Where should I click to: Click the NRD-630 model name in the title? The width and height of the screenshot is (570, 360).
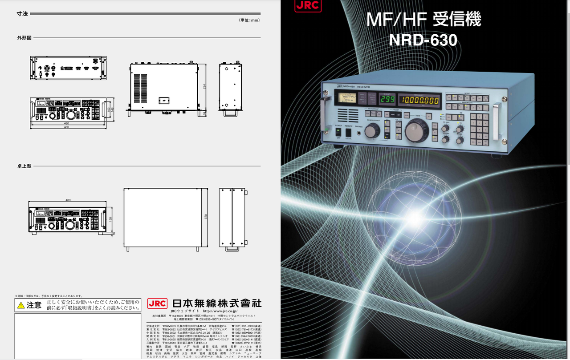point(423,40)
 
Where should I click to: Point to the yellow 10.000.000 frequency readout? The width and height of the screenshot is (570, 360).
point(419,101)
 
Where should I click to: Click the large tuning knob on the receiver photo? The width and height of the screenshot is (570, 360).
point(417,129)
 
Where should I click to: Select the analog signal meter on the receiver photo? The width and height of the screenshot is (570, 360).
point(345,97)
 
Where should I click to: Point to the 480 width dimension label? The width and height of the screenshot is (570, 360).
point(66,127)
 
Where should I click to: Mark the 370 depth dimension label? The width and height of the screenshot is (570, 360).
point(206,217)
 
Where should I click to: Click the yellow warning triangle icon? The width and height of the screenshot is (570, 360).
point(20,305)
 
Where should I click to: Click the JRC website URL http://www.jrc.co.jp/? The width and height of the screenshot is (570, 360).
point(220,311)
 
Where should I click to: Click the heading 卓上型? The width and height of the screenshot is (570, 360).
point(24,166)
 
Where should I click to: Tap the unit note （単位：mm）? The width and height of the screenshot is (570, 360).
point(249,20)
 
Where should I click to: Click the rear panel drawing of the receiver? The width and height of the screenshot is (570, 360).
point(68,68)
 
